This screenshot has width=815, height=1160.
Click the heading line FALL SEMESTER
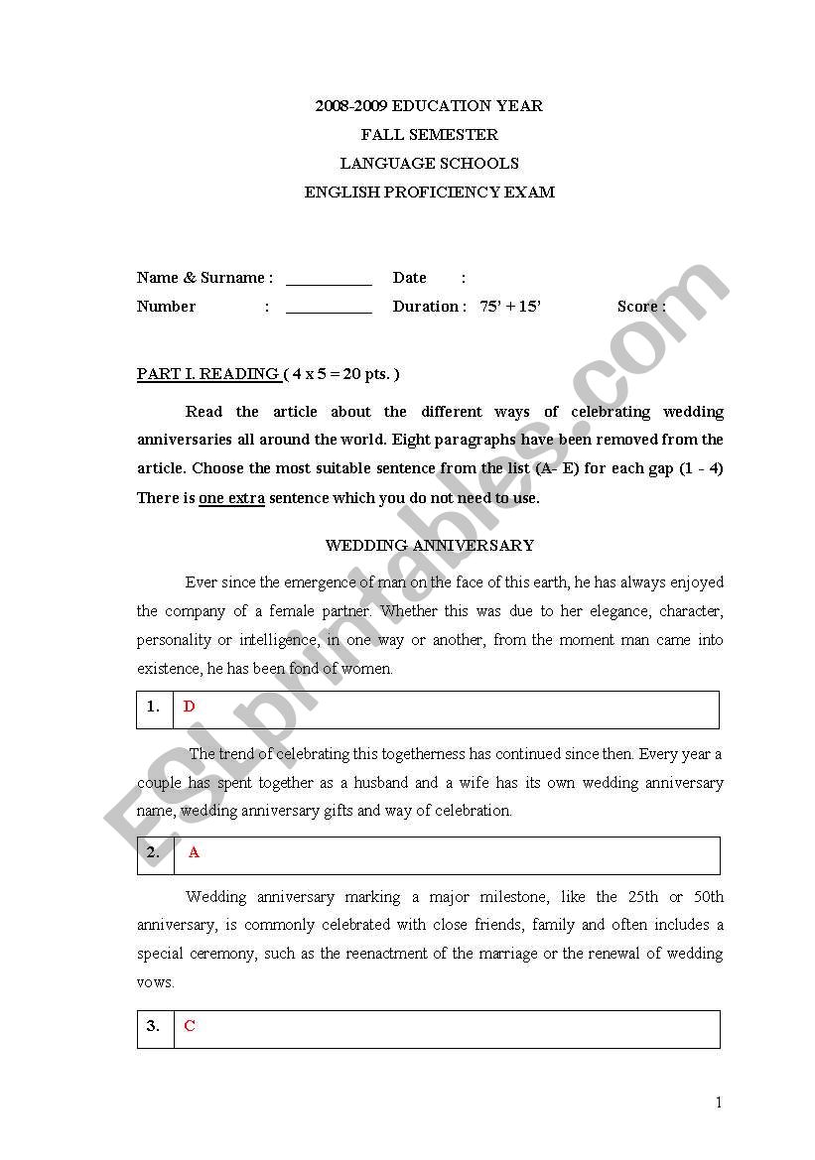coord(429,135)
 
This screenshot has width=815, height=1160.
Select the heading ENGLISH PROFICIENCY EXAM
coord(429,193)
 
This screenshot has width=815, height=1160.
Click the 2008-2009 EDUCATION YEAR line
coord(429,106)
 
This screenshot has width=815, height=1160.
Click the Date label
coord(409,278)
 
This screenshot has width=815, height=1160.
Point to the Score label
coord(640,307)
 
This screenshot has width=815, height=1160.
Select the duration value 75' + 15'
coord(510,307)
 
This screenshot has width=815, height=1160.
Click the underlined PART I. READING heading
coord(207,374)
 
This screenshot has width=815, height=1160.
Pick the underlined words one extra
coord(231,498)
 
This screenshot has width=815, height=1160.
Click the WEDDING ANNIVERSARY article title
coord(430,546)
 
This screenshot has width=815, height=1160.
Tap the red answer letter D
coord(190,707)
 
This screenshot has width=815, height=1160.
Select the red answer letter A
coord(195,852)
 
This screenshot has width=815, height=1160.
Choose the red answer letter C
coord(190,1026)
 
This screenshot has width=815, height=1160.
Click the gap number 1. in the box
coord(153,707)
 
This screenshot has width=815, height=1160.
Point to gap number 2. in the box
coord(153,852)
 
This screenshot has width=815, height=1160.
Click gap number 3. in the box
coord(153,1026)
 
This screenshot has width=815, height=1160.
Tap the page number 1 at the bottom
coord(719,1102)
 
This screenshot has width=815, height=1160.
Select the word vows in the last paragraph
coord(156,982)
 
